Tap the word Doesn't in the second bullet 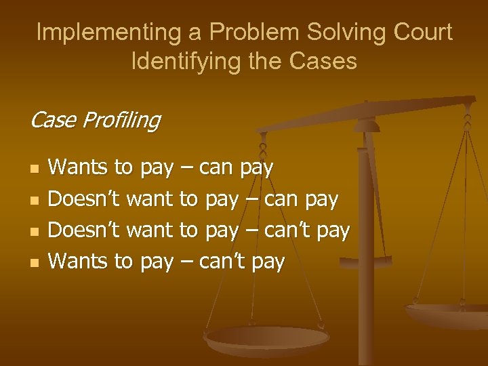[85, 199]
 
